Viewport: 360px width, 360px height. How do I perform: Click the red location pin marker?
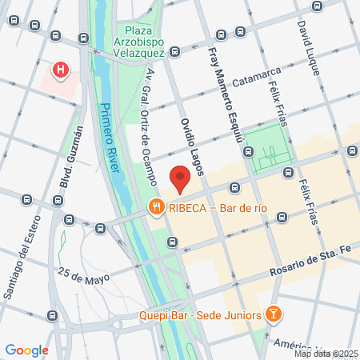pyautogui.click(x=180, y=178)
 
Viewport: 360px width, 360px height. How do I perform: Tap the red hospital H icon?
pyautogui.click(x=60, y=70)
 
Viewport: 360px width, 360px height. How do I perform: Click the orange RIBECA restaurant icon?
pyautogui.click(x=155, y=208)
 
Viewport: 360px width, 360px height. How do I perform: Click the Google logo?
pyautogui.click(x=26, y=350)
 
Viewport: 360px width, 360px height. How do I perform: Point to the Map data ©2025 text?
pyautogui.click(x=326, y=354)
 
